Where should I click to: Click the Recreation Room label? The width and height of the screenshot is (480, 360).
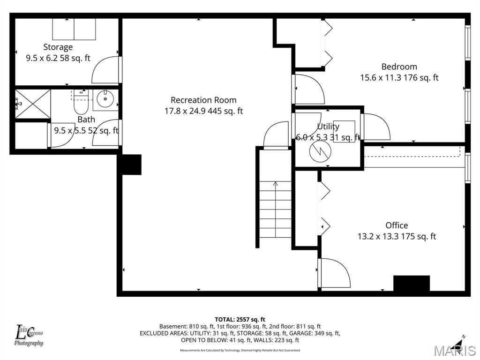click(203, 100)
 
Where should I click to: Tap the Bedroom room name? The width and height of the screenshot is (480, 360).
click(399, 67)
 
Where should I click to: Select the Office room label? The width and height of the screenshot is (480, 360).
click(397, 225)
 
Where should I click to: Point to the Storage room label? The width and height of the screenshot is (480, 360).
click(58, 47)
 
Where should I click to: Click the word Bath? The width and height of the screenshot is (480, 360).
click(86, 120)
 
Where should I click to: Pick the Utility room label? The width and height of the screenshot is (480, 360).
click(328, 127)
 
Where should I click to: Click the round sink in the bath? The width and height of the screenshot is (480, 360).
click(105, 99)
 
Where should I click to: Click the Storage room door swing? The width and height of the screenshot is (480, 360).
click(106, 70)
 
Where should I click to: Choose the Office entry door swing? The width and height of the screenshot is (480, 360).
click(334, 273)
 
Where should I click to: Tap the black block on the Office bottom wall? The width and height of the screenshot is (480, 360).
click(411, 284)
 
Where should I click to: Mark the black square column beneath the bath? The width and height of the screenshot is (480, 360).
click(131, 165)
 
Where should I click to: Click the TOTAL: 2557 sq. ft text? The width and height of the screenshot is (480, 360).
click(240, 319)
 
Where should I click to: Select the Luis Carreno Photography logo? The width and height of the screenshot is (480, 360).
click(29, 336)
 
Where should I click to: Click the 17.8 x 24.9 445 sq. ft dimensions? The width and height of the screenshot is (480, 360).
click(203, 111)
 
